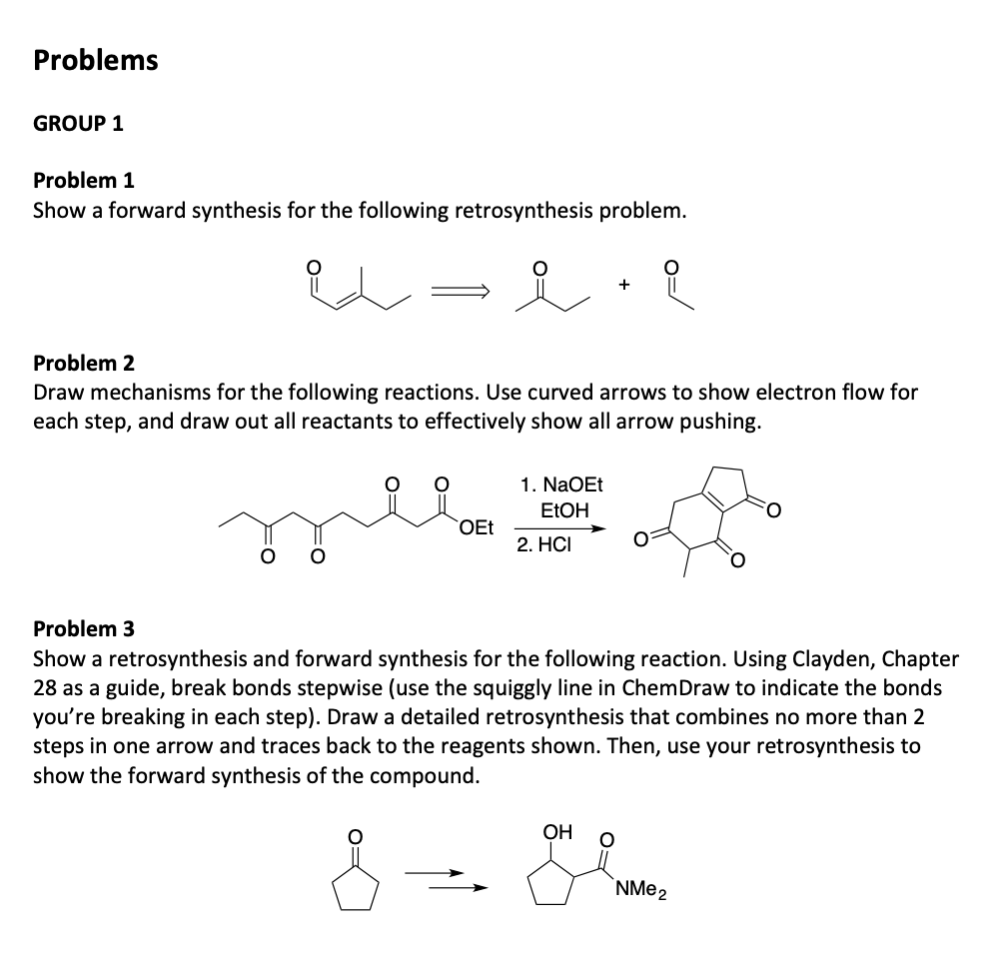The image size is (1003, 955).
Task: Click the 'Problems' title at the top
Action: [x=96, y=60]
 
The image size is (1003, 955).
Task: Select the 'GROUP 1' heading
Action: [x=79, y=124]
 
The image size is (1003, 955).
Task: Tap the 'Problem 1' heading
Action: [x=84, y=181]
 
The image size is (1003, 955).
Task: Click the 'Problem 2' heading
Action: [x=84, y=362]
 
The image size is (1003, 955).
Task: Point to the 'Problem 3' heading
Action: [x=84, y=628]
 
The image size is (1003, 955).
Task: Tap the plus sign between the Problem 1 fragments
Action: [x=623, y=286]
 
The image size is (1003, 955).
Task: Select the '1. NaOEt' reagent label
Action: [x=561, y=485]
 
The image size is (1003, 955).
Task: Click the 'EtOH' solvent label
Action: [x=564, y=510]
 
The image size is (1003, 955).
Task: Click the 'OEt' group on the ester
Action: [x=477, y=528]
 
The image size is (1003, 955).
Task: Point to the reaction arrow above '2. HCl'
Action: [x=561, y=529]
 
